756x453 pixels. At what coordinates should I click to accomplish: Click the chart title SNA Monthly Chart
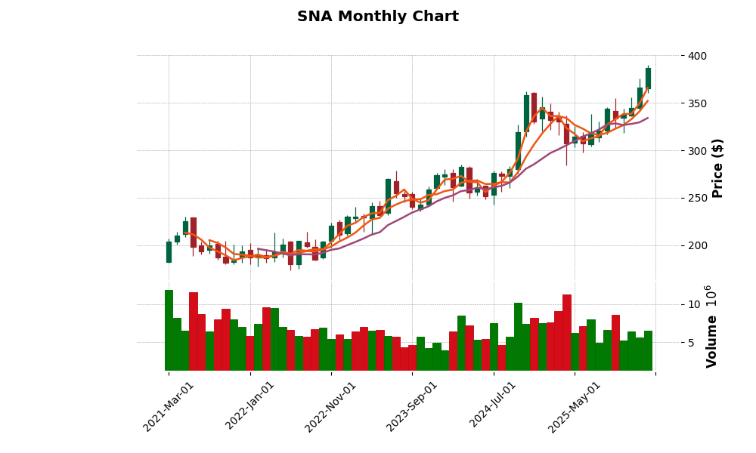tap(377, 17)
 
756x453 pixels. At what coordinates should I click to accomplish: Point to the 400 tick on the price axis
tap(698, 56)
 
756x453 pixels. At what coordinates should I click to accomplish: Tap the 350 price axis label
tap(698, 103)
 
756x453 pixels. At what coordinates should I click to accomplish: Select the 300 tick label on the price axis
tap(698, 151)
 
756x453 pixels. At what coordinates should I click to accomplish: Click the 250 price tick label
tap(698, 199)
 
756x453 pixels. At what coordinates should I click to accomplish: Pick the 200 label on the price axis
tap(698, 246)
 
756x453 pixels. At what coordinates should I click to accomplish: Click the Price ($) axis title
tap(717, 168)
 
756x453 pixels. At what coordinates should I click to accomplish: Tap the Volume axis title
tap(711, 326)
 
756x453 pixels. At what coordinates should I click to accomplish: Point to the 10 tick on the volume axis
tap(695, 304)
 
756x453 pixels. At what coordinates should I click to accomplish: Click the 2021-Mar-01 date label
tap(169, 406)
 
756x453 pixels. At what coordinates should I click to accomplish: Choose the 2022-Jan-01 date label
tap(250, 406)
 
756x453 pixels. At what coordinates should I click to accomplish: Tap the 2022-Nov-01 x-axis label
tap(331, 406)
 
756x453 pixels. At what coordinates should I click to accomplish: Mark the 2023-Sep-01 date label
tap(413, 406)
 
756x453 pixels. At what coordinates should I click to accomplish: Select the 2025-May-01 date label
tap(575, 406)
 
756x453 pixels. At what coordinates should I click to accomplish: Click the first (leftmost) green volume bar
tap(169, 330)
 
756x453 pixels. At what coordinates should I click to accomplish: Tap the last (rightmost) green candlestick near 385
tap(648, 79)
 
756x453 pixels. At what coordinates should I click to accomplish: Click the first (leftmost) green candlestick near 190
tap(169, 252)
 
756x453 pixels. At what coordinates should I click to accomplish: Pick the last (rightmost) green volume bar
tap(648, 350)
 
